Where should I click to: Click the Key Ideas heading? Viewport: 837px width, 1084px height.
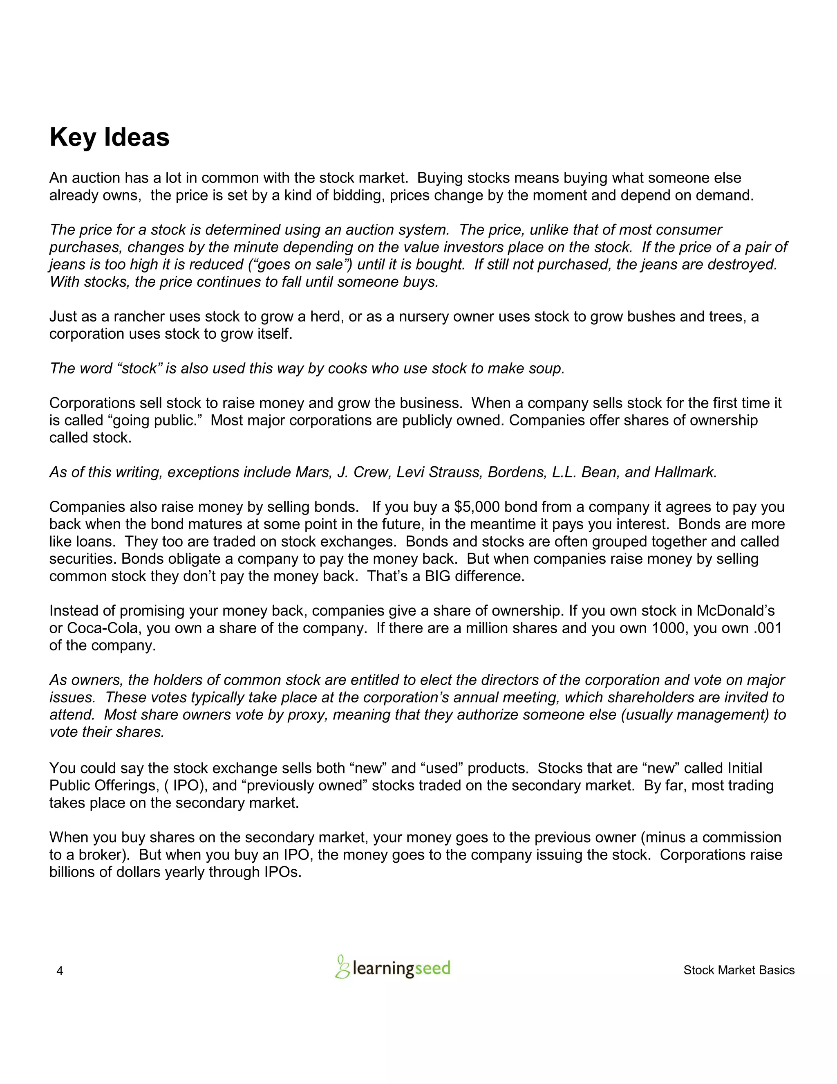coord(110,137)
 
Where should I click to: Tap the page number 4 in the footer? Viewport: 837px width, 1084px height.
coord(60,971)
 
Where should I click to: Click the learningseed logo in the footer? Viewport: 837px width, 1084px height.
coord(393,967)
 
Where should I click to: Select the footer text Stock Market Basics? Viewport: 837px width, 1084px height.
coord(739,970)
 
